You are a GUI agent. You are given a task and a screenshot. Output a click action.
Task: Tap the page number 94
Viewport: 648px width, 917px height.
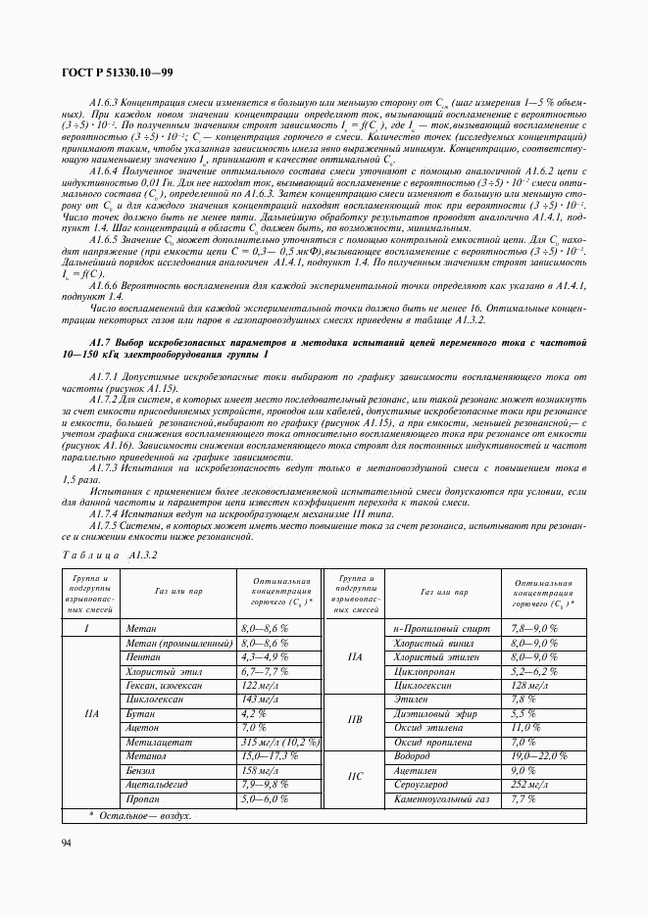click(x=67, y=844)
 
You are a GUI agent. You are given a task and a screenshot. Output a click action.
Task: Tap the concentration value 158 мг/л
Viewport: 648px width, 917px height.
click(x=261, y=771)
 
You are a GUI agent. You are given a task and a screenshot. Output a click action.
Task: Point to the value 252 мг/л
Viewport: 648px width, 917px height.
click(x=533, y=786)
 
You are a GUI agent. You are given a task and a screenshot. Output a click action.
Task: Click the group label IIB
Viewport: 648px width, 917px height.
click(x=355, y=721)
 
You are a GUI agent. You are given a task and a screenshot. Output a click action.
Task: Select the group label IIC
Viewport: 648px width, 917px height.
click(x=355, y=778)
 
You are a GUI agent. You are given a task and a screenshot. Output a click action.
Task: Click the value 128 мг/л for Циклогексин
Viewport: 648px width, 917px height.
click(x=533, y=685)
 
